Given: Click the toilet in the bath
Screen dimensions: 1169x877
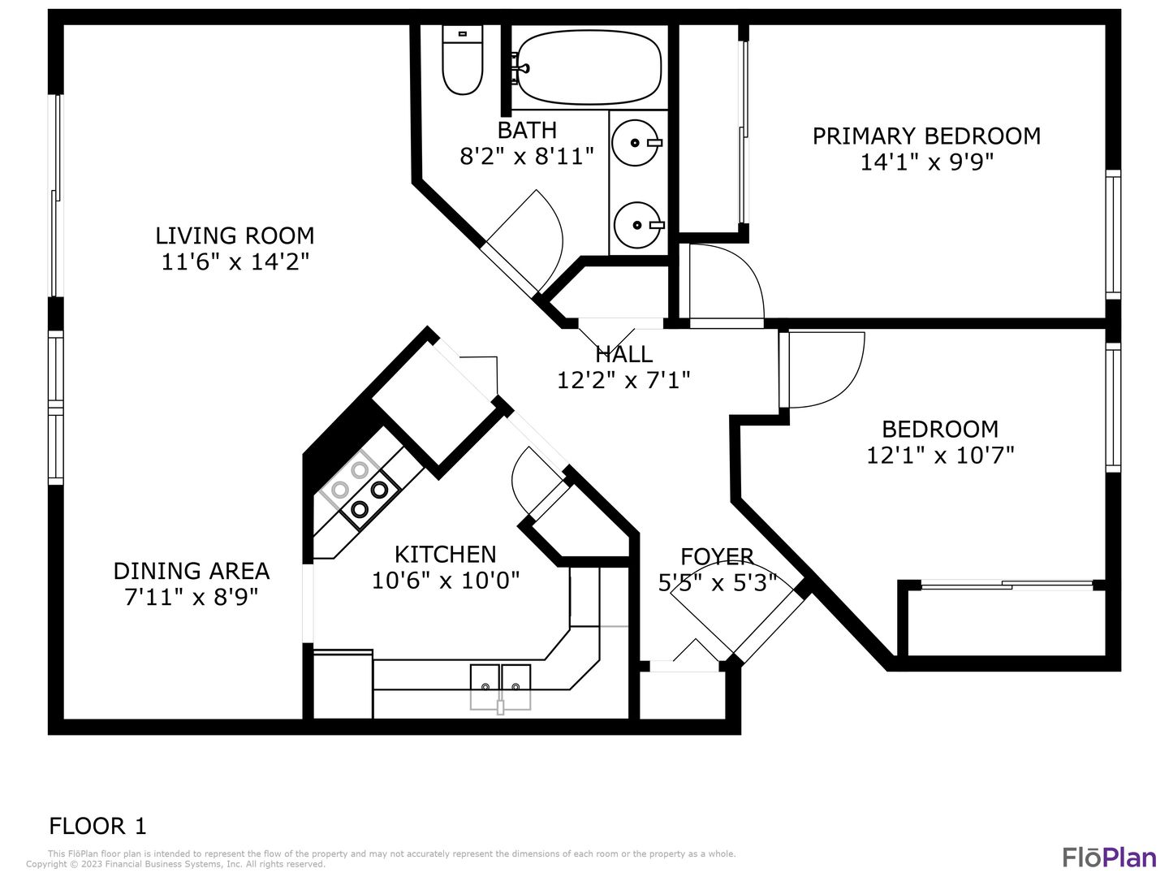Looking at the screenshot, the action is [462, 60].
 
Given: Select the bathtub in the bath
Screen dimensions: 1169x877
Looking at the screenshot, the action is [589, 67].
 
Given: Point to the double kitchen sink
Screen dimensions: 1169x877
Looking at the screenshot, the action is [500, 686].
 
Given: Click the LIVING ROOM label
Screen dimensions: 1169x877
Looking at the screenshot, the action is [235, 235].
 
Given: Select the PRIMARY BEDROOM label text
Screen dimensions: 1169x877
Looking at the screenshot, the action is [926, 136].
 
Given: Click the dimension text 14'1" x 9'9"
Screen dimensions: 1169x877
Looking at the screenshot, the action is [927, 162].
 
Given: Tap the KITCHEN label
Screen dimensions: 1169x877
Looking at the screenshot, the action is [445, 555].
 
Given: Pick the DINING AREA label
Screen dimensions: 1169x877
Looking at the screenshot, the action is [192, 572].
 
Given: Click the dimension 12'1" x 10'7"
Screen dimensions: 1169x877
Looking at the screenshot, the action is [941, 456].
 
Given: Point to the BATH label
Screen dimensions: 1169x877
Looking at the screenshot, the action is [527, 130].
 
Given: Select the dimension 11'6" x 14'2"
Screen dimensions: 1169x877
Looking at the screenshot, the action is [235, 262].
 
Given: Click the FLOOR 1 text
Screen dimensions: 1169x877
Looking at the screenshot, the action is [97, 826].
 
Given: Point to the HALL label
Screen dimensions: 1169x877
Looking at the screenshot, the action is [623, 354].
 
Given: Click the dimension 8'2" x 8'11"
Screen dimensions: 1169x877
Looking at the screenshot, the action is [527, 157].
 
